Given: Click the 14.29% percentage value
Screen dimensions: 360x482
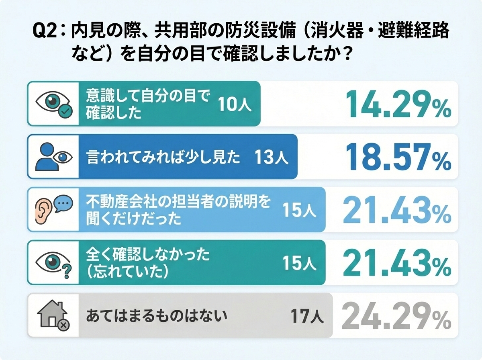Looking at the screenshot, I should (x=397, y=104).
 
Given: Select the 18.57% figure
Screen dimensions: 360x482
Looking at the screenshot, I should (x=397, y=157).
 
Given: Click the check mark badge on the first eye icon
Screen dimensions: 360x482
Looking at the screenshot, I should (x=65, y=111).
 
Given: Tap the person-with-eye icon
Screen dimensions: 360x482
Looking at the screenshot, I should (x=53, y=157).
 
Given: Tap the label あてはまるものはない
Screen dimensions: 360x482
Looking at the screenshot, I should (x=157, y=316).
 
